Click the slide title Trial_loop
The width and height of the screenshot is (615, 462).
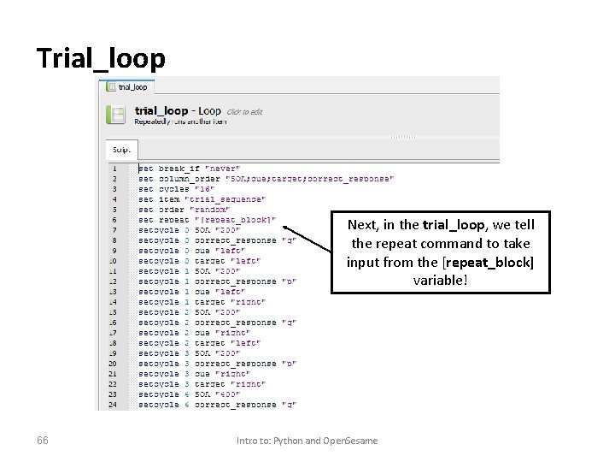click(x=101, y=58)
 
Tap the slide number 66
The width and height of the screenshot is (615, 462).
click(x=43, y=440)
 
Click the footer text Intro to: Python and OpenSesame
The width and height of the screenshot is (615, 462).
click(x=307, y=440)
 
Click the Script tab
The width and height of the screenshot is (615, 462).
click(x=122, y=150)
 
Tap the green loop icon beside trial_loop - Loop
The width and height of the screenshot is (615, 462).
click(x=116, y=115)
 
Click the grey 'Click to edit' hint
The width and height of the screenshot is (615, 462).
click(x=244, y=112)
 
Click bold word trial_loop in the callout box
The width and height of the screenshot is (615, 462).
click(x=453, y=225)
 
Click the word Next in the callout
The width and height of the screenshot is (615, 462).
click(x=361, y=225)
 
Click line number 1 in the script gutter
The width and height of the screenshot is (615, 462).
click(x=114, y=169)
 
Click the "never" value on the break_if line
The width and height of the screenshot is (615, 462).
click(x=224, y=169)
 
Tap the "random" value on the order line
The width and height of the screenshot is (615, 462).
click(x=209, y=210)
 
